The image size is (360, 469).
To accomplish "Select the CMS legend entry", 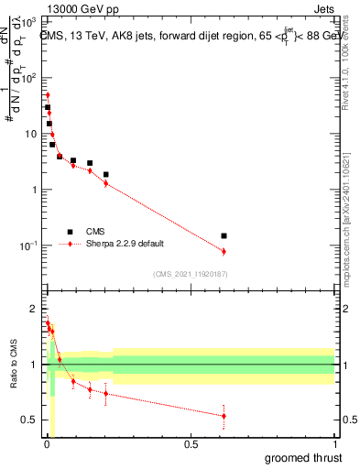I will point(96,232).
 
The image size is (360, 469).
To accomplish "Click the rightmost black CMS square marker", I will point(224,235).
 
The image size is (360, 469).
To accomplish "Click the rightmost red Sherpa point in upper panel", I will point(224,251).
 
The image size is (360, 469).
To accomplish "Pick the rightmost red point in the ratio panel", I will point(224,416).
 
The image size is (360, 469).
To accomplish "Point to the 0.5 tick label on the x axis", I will point(190,444).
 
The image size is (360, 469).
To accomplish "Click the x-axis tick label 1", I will point(334,444).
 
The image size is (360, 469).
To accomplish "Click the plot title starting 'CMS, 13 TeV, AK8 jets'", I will point(188,35).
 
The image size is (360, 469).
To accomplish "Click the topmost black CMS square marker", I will point(48,107).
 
